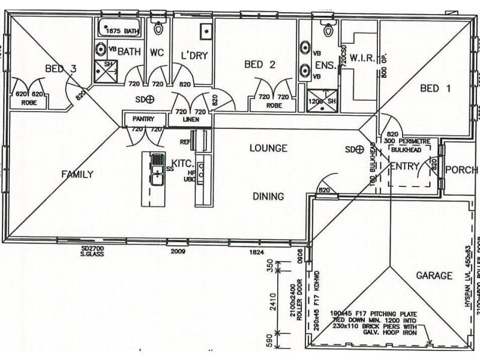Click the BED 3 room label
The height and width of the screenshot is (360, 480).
[x=61, y=70]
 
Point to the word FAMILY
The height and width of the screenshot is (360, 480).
[x=77, y=175]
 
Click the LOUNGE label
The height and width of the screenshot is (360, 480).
[x=268, y=148]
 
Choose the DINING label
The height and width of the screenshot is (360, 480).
[x=268, y=196]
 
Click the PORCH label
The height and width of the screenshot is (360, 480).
[x=460, y=170]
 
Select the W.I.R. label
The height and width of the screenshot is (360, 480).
[x=362, y=58]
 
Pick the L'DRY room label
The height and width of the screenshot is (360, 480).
[x=194, y=55]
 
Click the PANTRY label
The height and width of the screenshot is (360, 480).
[x=144, y=119]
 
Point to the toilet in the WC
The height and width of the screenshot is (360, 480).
[x=159, y=28]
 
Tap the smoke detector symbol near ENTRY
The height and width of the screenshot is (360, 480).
[x=360, y=149]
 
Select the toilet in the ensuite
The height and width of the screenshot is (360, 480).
[x=328, y=28]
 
